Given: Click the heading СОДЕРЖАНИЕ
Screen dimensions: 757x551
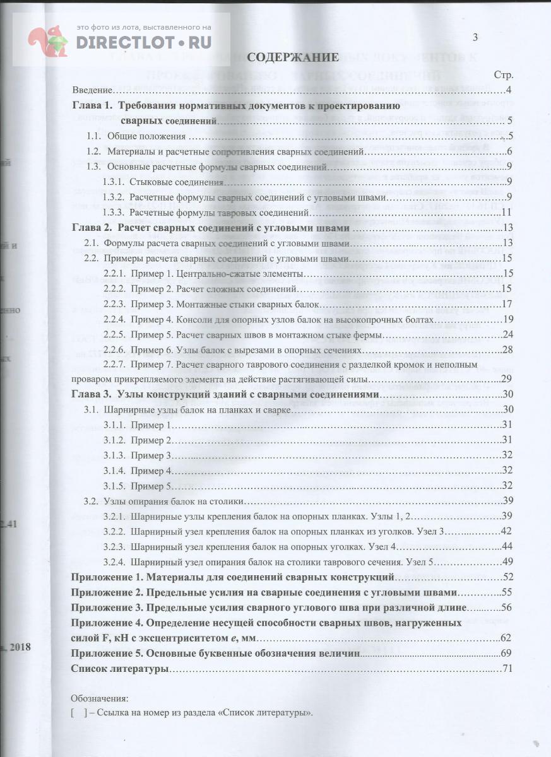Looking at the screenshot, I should pyautogui.click(x=293, y=57).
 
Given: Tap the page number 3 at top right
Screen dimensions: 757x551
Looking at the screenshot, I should pyautogui.click(x=475, y=38).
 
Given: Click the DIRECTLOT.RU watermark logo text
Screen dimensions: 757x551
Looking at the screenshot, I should pyautogui.click(x=144, y=42).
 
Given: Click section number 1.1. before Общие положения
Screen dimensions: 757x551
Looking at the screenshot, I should pyautogui.click(x=94, y=136).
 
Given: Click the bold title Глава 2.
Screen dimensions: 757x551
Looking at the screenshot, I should pyautogui.click(x=92, y=228).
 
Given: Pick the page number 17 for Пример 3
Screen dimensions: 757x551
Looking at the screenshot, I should pyautogui.click(x=506, y=304).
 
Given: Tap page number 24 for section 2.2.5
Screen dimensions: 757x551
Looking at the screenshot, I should pyautogui.click(x=506, y=334).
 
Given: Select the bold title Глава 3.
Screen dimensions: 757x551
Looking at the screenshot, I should pyautogui.click(x=92, y=394).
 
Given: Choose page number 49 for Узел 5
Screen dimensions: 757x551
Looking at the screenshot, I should pyautogui.click(x=506, y=561).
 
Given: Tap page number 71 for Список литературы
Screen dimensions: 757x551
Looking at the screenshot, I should pyautogui.click(x=506, y=668).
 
